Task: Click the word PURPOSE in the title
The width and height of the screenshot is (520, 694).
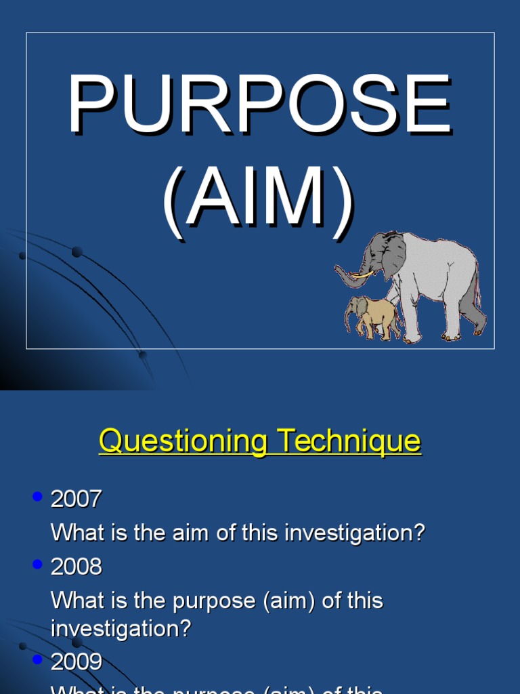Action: (259, 106)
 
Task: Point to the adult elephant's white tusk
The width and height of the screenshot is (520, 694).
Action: (362, 274)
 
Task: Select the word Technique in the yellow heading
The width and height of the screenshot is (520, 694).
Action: (348, 442)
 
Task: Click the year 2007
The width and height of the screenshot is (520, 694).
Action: (76, 499)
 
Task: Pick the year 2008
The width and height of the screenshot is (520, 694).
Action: (76, 567)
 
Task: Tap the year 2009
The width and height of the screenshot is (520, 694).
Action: (76, 661)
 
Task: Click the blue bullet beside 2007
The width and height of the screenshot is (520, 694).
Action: (37, 497)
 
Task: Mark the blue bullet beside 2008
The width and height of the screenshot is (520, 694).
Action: (37, 565)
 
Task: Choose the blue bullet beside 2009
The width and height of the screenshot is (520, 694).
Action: (37, 659)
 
